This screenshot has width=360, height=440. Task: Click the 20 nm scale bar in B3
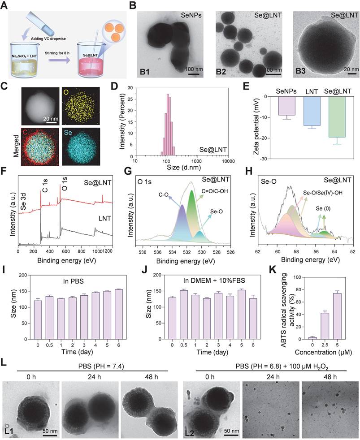(346, 75)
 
